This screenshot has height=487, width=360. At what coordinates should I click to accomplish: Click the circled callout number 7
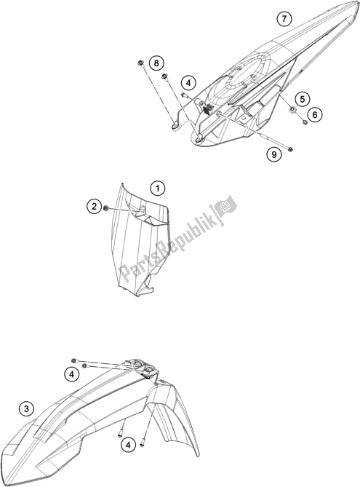click(x=284, y=19)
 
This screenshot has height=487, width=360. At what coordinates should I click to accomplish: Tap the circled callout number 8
click(x=156, y=63)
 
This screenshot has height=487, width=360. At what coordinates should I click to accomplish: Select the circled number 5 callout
click(x=303, y=99)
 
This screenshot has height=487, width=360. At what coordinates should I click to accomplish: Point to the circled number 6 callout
click(x=315, y=115)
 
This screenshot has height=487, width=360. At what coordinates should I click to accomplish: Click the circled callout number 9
click(x=274, y=154)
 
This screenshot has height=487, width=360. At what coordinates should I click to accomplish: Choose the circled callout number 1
click(x=158, y=189)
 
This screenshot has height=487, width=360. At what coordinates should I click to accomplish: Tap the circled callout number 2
click(x=95, y=206)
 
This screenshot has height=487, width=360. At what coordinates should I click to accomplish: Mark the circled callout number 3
click(x=26, y=409)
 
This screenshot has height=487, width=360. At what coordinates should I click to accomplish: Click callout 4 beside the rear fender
click(x=188, y=83)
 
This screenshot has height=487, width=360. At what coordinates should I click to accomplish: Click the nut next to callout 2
click(x=106, y=207)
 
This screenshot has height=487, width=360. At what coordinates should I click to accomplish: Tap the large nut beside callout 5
click(x=292, y=109)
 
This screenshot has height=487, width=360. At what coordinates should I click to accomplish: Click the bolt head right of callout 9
click(x=290, y=149)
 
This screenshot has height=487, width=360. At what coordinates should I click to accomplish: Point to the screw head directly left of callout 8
click(x=140, y=63)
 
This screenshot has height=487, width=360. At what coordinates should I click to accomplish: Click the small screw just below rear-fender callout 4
click(x=184, y=95)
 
